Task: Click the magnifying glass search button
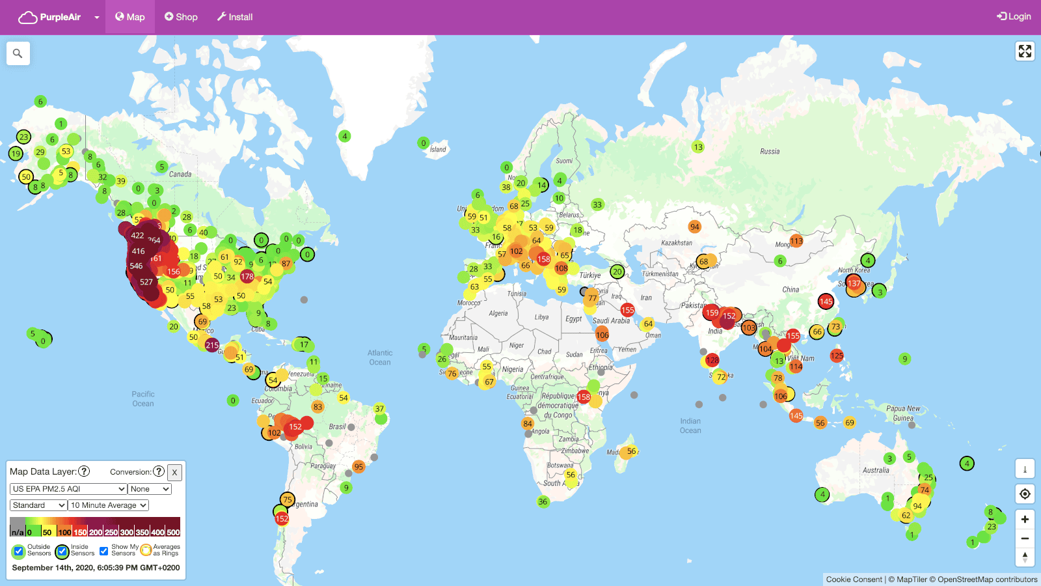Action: (18, 53)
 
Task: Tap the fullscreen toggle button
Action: (1025, 51)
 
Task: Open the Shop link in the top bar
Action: (181, 17)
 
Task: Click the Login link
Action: (1014, 16)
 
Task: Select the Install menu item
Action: (235, 17)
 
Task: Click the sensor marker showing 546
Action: (136, 266)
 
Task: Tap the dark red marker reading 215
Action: (212, 345)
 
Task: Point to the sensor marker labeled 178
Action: (247, 277)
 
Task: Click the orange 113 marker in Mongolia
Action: (796, 241)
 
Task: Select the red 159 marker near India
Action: (712, 313)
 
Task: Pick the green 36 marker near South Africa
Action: (543, 501)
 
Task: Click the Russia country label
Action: (770, 151)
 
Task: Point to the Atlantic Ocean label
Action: (380, 357)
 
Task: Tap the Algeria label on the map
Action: (498, 313)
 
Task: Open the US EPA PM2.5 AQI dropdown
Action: (68, 489)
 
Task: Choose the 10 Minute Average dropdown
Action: (109, 505)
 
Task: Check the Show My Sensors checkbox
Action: (103, 551)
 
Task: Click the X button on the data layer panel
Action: (174, 472)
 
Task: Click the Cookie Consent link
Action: (854, 579)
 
